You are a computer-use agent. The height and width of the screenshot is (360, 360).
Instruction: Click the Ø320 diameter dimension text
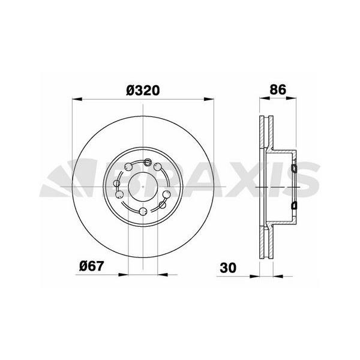coord(142,90)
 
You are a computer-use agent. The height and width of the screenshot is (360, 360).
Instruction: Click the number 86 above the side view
coord(277,90)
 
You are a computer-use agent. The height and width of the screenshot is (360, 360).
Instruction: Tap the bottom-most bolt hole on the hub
coord(142,211)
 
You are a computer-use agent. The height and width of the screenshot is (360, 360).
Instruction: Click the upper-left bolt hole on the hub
coord(127,167)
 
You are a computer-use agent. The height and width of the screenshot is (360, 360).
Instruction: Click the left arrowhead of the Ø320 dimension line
coord(77,100)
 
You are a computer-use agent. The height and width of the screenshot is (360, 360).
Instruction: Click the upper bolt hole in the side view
coord(293,169)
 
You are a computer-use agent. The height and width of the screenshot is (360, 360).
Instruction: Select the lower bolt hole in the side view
coord(293,206)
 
